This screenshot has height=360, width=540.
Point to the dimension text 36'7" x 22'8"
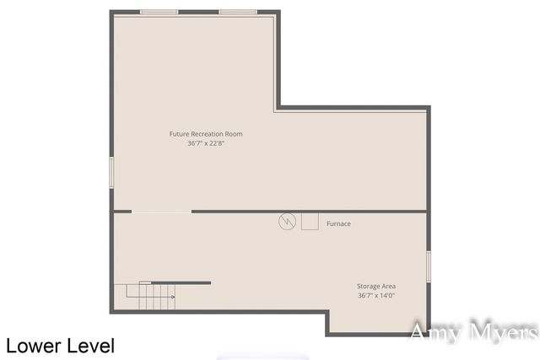point(206,143)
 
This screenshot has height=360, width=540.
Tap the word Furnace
point(338,223)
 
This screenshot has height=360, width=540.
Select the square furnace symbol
point(310,222)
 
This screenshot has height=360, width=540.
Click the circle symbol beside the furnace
point(287,222)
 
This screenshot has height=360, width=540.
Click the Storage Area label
point(376,286)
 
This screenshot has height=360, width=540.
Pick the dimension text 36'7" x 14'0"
point(376,295)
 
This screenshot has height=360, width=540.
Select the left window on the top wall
point(159,12)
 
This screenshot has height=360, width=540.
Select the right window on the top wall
point(238,12)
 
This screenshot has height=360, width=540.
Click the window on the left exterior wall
point(111,173)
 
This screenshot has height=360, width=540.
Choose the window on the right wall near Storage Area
point(429,266)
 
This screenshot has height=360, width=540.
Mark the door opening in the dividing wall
point(162,212)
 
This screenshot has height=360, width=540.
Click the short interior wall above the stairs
point(181,282)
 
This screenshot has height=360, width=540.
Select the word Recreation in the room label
point(212,134)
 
